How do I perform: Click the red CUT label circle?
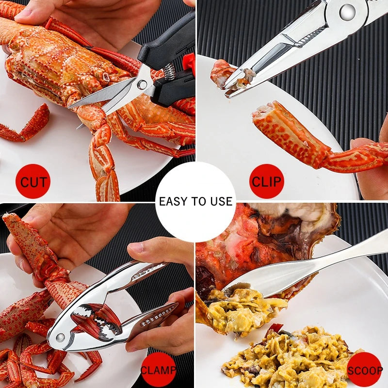pyautogui.click(x=32, y=182)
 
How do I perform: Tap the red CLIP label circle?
pyautogui.click(x=266, y=181)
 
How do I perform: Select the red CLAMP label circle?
pyautogui.click(x=158, y=371)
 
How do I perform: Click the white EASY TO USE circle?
pyautogui.click(x=195, y=201)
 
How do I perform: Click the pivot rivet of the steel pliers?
pyautogui.click(x=347, y=12)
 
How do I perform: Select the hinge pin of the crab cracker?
pyautogui.click(x=61, y=337)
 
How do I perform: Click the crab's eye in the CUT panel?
pyautogui.click(x=105, y=77)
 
